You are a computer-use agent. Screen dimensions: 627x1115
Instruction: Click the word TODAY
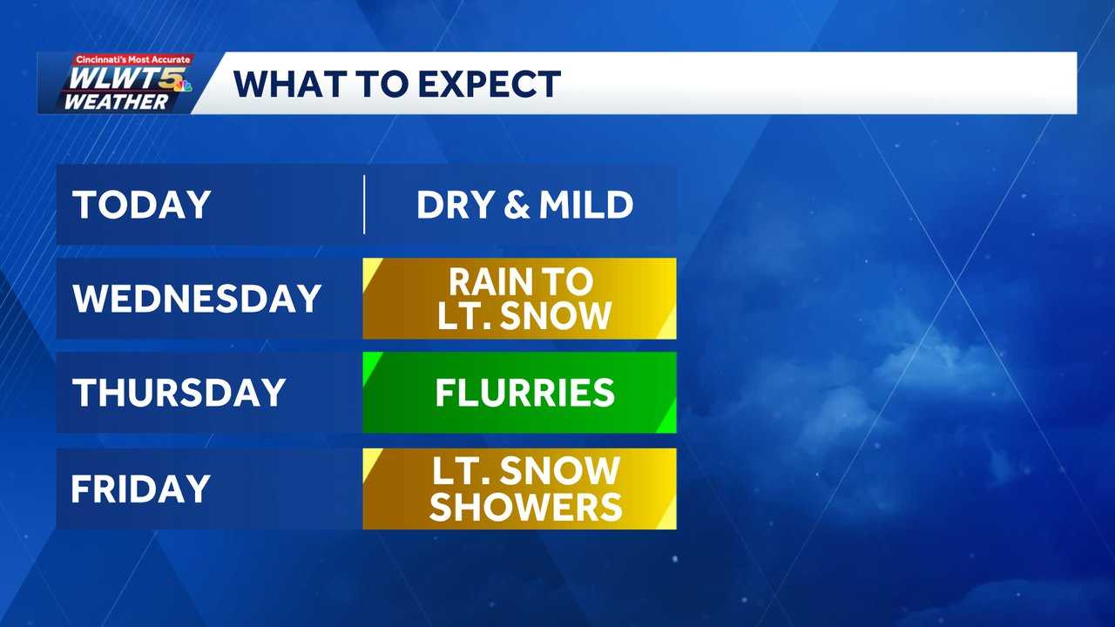pos(142,206)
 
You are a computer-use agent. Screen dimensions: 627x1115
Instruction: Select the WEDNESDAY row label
pos(198,299)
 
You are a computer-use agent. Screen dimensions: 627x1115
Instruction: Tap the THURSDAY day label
pos(179,393)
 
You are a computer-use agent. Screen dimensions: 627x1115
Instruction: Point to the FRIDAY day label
pos(140,489)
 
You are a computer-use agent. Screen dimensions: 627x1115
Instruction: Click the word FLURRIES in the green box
pos(525,393)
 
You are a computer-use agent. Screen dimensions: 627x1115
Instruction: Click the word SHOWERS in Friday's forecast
pos(526,507)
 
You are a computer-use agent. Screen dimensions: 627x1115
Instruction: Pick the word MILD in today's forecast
pos(585,206)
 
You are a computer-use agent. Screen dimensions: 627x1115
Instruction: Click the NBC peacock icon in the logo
pos(185,86)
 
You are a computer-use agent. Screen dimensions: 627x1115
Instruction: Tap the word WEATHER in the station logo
pos(115,102)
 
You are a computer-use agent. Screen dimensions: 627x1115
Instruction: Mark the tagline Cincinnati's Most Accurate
pos(132,59)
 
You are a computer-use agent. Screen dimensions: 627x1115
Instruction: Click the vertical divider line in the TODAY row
pos(364,206)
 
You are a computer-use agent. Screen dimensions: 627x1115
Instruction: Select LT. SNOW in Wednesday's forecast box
pos(524,316)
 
